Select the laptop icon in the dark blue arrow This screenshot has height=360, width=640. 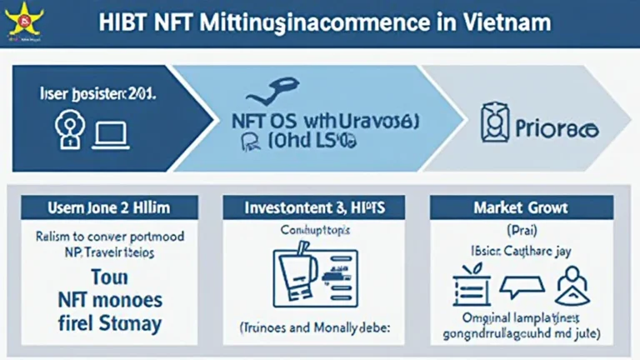110,133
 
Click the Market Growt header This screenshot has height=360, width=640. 521,207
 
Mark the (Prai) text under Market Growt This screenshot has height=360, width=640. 520,228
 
